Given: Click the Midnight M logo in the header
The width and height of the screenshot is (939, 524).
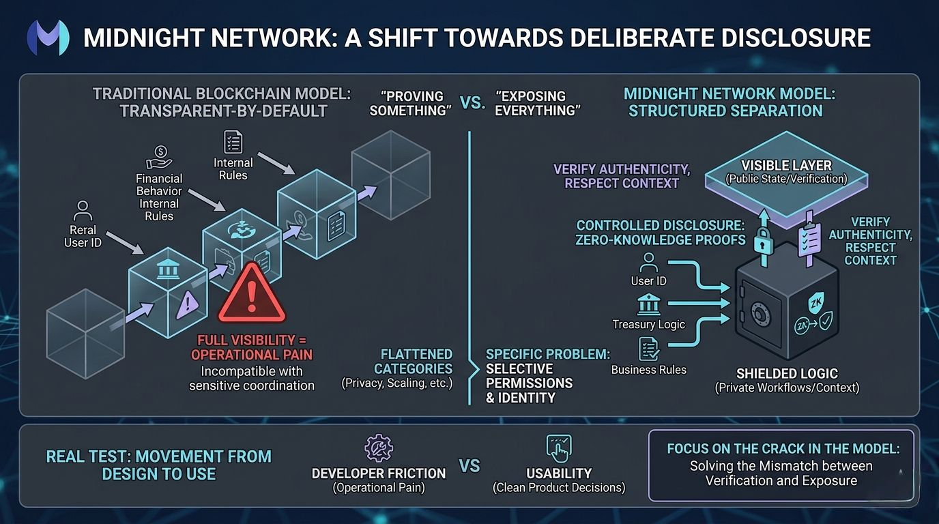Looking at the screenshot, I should coord(48,37).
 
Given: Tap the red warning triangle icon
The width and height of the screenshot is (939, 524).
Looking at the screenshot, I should coord(252,295).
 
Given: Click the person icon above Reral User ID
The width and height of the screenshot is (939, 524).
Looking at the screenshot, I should coord(83,209).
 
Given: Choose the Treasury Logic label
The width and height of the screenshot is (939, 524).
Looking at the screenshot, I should coord(648,324).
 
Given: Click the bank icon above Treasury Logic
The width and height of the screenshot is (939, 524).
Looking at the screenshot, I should coord(648,304).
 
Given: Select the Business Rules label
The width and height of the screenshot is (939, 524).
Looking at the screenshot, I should coord(648,370).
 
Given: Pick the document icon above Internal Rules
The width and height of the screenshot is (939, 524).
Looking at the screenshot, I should coord(233,143).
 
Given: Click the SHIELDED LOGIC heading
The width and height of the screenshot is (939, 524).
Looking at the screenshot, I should coord(787,373).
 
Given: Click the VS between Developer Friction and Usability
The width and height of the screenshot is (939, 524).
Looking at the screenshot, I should coord(470,467).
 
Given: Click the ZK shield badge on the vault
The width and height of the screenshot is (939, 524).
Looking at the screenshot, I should coord(815,302).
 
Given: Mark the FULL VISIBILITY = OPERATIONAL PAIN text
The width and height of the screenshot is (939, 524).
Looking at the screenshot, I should coord(252,347).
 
